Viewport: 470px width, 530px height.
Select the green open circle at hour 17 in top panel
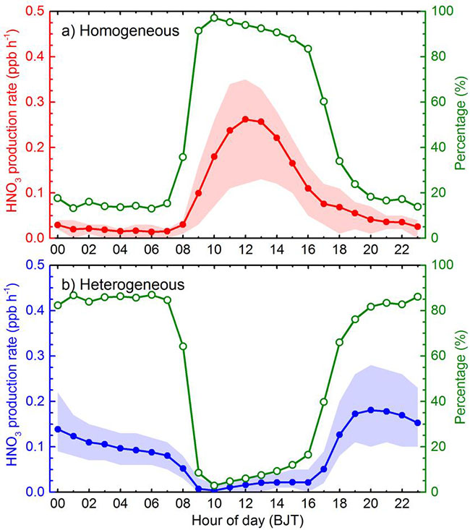pyautogui.click(x=324, y=101)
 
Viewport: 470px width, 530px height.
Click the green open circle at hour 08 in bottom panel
pyautogui.click(x=183, y=346)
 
